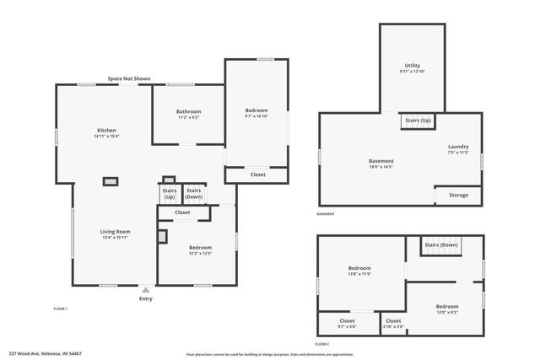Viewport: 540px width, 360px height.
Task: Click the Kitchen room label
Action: coord(106,131)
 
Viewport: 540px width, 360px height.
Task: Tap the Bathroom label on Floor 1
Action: coord(188,111)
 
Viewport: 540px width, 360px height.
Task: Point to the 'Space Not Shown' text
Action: coord(128,78)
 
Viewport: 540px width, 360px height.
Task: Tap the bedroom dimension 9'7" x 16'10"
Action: coord(256,117)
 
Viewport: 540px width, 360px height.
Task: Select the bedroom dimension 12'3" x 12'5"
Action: coord(199,253)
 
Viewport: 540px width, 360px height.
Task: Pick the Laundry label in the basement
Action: coord(458,147)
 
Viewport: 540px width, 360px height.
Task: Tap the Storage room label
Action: coord(458,195)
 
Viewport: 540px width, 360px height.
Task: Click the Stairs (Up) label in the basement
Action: coord(418,121)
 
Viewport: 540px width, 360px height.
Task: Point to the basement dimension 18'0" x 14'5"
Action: coord(381,167)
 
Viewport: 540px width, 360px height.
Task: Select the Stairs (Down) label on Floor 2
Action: coord(441,245)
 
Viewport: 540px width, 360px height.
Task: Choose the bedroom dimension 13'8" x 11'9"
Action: coord(359,274)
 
